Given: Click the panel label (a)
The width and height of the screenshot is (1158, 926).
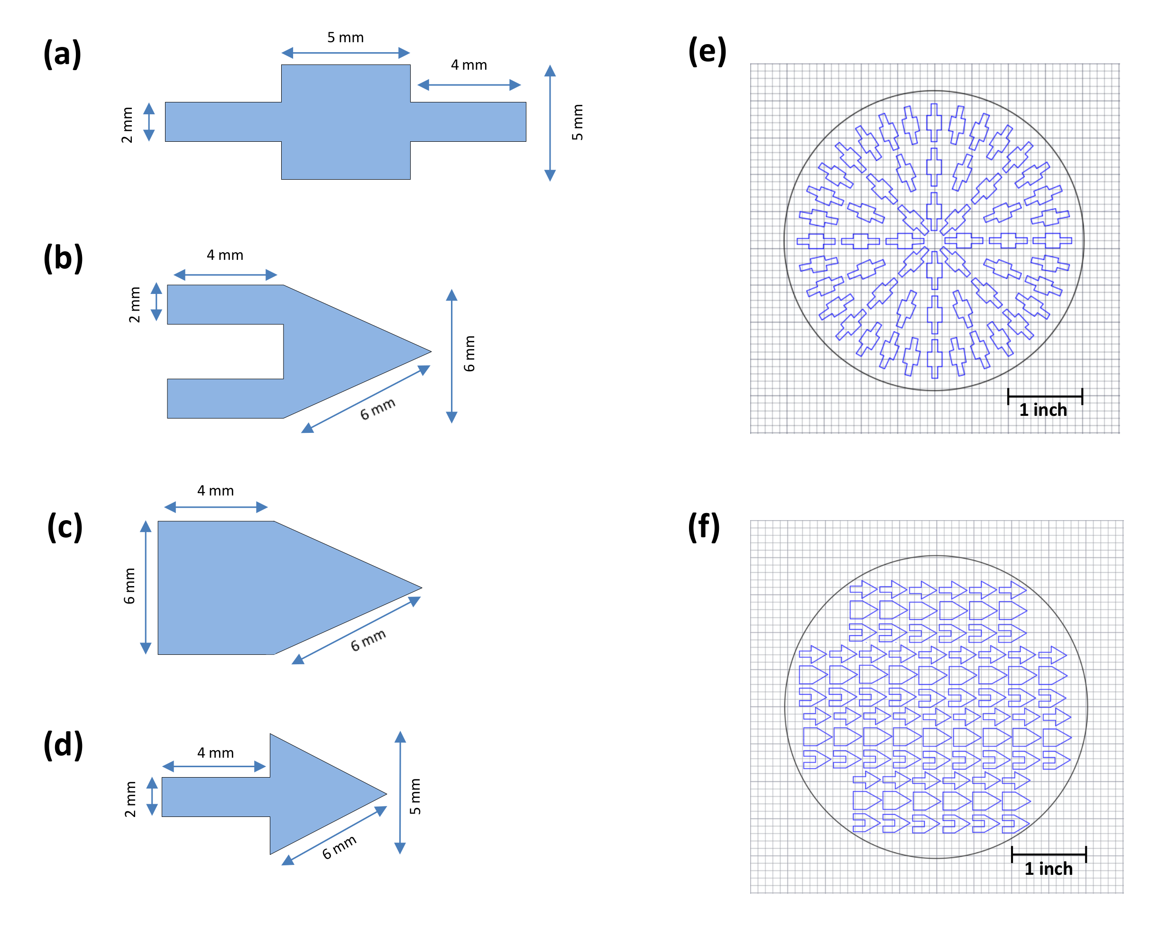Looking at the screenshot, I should [62, 54].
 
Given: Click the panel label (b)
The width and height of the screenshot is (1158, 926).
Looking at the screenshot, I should [64, 258].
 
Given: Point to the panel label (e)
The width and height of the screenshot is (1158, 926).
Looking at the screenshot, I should [708, 52].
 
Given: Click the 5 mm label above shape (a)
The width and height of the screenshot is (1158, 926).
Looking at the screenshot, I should [345, 37].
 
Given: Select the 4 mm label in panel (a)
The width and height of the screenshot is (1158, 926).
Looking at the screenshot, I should [469, 65].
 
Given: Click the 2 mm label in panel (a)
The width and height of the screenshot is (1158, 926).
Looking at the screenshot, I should [127, 125].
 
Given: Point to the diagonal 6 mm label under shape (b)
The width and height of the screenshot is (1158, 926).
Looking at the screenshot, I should [377, 409].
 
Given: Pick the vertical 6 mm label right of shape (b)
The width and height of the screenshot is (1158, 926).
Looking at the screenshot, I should [469, 353].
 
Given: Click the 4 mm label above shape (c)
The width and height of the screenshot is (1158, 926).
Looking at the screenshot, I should [215, 491].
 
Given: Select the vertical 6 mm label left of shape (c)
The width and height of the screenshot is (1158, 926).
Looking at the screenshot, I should [129, 586].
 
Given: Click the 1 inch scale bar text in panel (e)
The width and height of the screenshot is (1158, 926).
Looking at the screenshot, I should [1043, 410].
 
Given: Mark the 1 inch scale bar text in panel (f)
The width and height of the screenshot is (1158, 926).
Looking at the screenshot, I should [1048, 869].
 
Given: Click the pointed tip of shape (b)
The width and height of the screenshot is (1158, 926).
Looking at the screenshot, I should [430, 352].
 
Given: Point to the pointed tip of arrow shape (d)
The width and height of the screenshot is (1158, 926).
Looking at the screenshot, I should [386, 793].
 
